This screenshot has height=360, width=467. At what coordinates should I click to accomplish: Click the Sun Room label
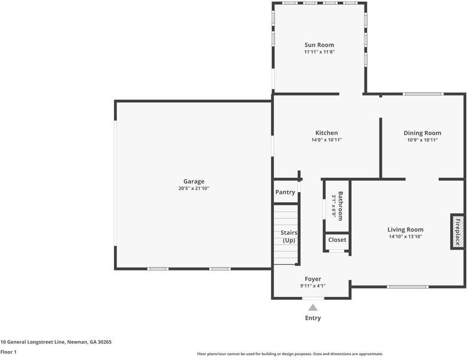319,45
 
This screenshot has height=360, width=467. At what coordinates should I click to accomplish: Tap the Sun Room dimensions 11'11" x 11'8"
320,52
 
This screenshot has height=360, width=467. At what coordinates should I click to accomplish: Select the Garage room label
194,181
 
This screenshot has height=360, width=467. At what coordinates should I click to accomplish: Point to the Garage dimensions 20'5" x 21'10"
194,188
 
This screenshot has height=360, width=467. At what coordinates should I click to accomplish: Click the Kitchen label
327,133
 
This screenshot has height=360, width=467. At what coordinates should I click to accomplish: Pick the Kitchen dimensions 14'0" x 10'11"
327,140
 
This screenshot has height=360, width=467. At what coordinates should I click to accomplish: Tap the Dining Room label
422,133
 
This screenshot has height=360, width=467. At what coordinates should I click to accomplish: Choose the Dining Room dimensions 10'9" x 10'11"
422,140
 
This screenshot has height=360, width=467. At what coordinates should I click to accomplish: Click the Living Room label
405,230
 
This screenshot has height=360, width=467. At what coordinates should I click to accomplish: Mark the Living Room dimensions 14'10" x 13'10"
405,236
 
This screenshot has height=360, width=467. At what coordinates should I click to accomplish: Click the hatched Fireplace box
458,232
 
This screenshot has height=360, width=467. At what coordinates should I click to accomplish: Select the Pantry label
285,192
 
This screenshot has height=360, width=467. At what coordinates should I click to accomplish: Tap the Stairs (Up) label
289,236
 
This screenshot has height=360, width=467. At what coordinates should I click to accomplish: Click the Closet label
337,240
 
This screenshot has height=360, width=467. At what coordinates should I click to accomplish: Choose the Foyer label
313,279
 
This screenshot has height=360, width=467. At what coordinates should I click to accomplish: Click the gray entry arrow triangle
313,308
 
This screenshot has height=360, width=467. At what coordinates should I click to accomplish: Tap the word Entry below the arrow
313,318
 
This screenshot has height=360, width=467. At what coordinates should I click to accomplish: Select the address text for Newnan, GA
56,342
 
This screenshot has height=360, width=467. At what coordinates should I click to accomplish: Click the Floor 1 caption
8,352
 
